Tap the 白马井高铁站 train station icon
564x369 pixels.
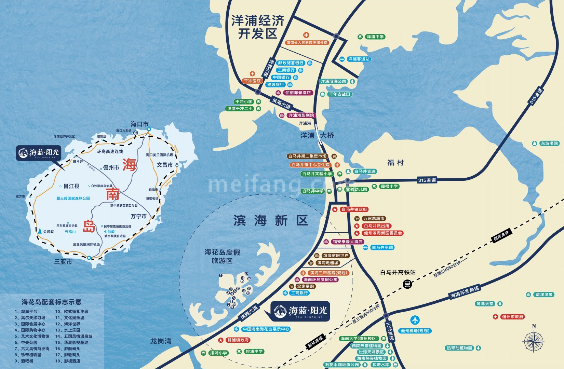coord(407,284)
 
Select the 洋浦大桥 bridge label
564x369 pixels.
coord(317,135)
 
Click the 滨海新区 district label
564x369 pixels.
coord(271,220)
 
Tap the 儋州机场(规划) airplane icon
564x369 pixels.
coord(415,320)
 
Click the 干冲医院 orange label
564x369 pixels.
coord(252,81)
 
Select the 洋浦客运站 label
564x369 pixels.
coord(359,59)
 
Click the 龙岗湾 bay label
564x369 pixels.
coord(161,341)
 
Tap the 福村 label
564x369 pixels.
coord(395,163)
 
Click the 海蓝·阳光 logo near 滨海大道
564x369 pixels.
coord(301,311)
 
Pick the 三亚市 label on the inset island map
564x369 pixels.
coord(63,262)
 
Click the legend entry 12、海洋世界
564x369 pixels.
coord(68,324)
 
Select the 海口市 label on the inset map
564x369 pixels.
coord(139,124)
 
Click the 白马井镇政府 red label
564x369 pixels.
coord(354,209)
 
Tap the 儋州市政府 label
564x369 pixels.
coord(512,317)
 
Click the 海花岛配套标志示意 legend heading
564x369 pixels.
coord(51,302)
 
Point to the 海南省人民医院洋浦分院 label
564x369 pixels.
coord(307,43)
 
